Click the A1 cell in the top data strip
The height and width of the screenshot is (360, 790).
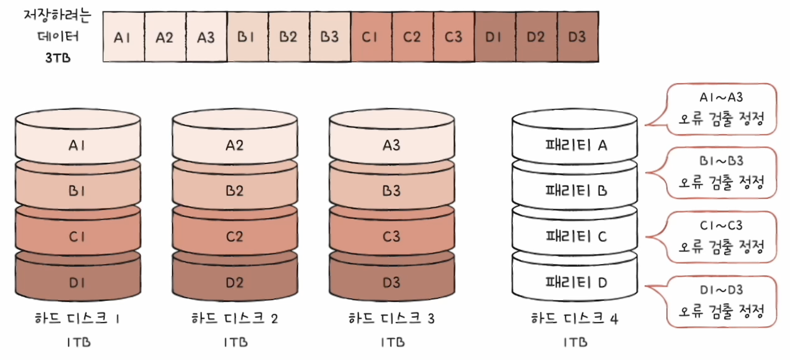pyautogui.click(x=123, y=37)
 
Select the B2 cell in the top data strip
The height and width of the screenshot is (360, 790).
pyautogui.click(x=289, y=37)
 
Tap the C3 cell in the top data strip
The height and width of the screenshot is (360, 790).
pyautogui.click(x=454, y=37)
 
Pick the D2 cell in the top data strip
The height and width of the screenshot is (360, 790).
pyautogui.click(x=536, y=37)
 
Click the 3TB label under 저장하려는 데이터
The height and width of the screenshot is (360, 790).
pyautogui.click(x=58, y=58)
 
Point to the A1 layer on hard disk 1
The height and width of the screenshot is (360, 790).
pyautogui.click(x=78, y=145)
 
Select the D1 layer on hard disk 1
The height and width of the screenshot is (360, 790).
pyautogui.click(x=78, y=283)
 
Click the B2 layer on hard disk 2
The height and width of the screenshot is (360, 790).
pyautogui.click(x=235, y=191)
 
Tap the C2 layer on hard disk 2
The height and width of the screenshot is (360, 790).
pyautogui.click(x=235, y=237)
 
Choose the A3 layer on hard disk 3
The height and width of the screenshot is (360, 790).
pyautogui.click(x=392, y=145)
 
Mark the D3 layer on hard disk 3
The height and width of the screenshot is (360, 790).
pyautogui.click(x=392, y=283)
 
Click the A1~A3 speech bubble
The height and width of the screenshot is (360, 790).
pyautogui.click(x=721, y=109)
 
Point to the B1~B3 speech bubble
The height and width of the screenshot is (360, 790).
pyautogui.click(x=721, y=172)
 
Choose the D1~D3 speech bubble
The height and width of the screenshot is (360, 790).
pyautogui.click(x=721, y=301)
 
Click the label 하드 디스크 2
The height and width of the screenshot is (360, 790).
pyautogui.click(x=235, y=318)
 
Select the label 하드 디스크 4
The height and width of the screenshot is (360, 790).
pyautogui.click(x=575, y=318)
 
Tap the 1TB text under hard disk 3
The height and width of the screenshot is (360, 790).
pyautogui.click(x=393, y=342)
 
